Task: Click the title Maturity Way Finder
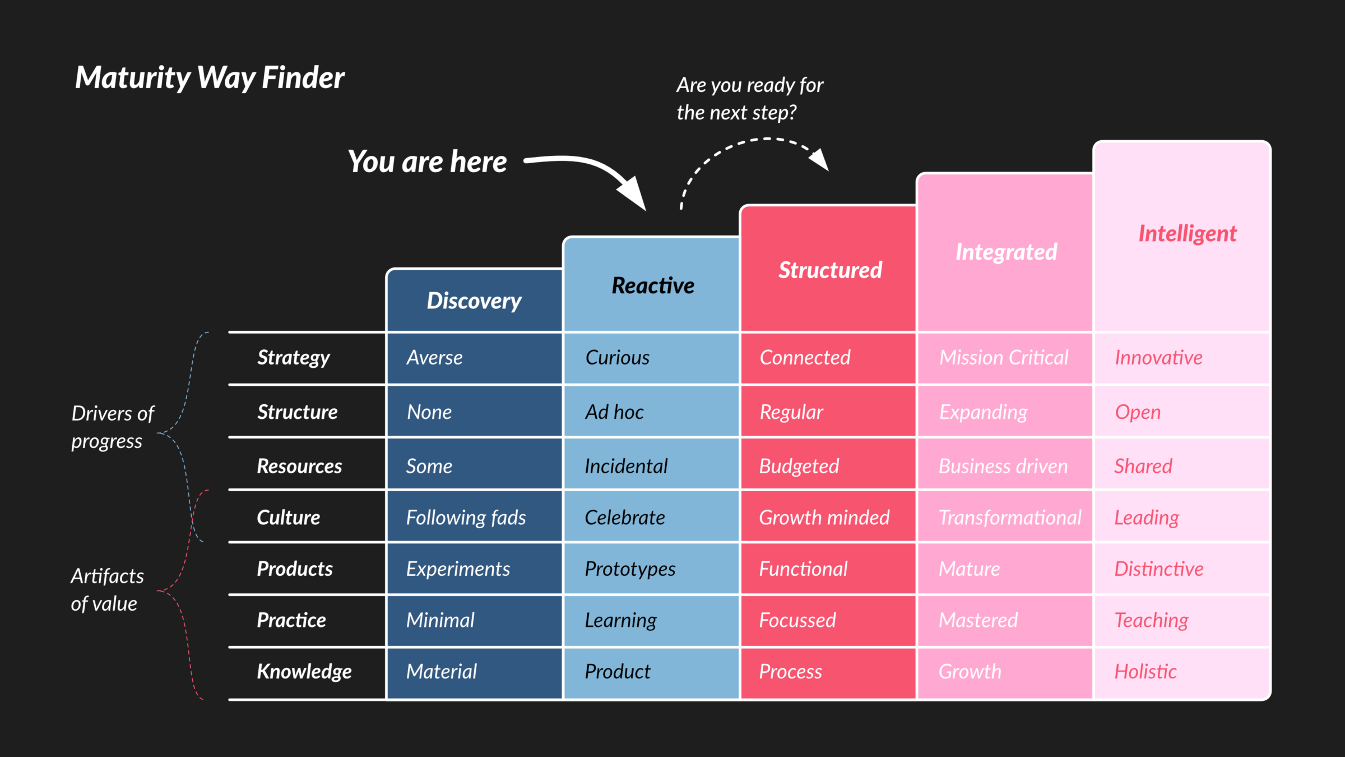(210, 78)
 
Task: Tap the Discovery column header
(474, 301)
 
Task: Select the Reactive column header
(653, 285)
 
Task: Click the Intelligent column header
(1188, 234)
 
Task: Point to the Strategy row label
(294, 358)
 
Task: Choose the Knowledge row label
(304, 672)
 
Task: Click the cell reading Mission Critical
(1004, 357)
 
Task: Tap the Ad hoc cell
(614, 412)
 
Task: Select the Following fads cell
(466, 518)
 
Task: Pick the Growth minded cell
(824, 518)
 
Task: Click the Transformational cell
(1010, 518)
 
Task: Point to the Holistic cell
(1145, 671)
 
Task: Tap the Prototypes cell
(630, 569)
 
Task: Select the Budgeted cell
(799, 467)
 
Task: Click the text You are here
(427, 162)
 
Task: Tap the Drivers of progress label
(113, 427)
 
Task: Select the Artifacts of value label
(107, 590)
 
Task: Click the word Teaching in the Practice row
(1151, 621)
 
